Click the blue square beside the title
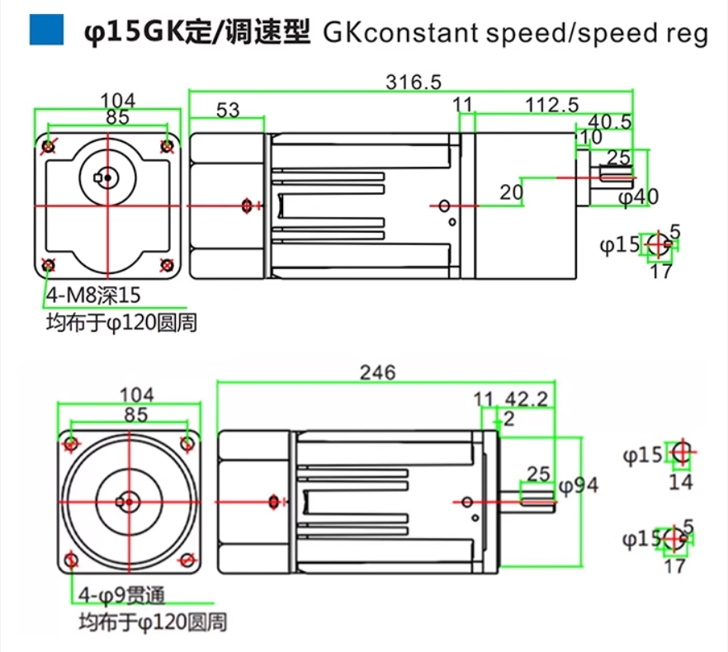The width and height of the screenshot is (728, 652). click(x=46, y=31)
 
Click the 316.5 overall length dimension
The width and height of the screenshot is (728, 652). click(x=414, y=83)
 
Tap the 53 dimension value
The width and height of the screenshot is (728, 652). click(x=228, y=110)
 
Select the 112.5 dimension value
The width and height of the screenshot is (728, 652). click(x=552, y=106)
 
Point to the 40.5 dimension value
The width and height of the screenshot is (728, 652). click(x=610, y=121)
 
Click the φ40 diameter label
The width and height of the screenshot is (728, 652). click(x=638, y=197)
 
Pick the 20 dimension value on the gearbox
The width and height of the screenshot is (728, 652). click(x=511, y=192)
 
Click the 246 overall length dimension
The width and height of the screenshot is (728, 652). click(x=378, y=372)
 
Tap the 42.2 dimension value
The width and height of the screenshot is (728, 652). click(x=526, y=399)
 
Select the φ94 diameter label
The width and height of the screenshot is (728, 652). click(x=579, y=486)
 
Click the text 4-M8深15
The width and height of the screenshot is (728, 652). click(x=93, y=295)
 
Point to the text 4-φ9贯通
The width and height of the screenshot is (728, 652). click(x=121, y=595)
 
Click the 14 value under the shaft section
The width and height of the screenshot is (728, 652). click(x=681, y=483)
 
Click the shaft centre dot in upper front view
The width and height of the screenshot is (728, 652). click(x=107, y=177)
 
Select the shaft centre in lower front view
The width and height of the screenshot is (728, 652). click(x=129, y=502)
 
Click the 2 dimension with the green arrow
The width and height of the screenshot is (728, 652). click(x=508, y=419)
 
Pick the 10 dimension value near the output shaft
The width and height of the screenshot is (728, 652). click(x=591, y=137)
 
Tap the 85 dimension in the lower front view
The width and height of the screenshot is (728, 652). click(x=135, y=414)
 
